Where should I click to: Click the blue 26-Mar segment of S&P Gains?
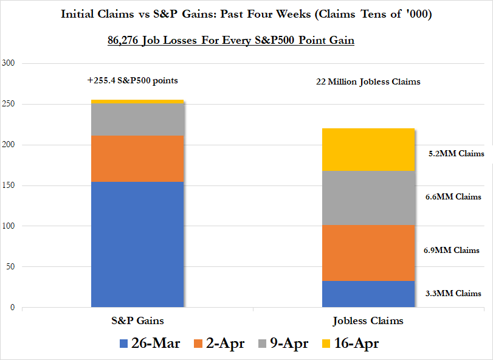[137, 244]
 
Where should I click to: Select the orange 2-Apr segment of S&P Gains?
[137, 159]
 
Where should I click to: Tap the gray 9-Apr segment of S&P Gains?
[137, 120]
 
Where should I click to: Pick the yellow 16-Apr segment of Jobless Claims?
[368, 150]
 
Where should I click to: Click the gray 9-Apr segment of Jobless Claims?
[368, 198]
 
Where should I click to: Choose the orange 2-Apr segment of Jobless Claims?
[368, 252]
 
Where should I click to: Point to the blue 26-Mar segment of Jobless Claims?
[368, 294]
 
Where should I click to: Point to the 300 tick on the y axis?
[10, 63]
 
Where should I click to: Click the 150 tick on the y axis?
[10, 185]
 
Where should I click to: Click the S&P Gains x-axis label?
[137, 320]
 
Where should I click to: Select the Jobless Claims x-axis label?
[368, 320]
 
